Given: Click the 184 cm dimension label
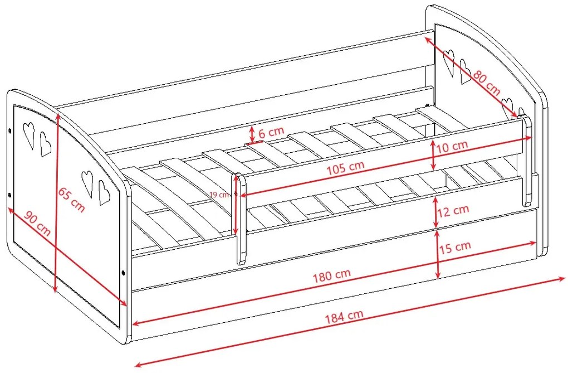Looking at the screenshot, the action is click(344, 316).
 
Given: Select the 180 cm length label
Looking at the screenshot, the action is click(332, 275).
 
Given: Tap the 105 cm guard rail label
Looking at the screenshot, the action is click(346, 168).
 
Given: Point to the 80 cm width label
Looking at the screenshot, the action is click(487, 84).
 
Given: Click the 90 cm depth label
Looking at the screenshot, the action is click(37, 223).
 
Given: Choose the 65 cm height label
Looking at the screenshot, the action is click(72, 200).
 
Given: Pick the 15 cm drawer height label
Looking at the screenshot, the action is click(455, 248).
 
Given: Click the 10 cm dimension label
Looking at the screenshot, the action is click(452, 147).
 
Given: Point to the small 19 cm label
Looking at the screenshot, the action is click(219, 195).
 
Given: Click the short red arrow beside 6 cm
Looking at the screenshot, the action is click(252, 134).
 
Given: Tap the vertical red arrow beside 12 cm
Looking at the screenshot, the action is click(436, 212).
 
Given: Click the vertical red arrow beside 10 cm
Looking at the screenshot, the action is click(433, 155).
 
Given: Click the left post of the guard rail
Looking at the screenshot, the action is click(239, 219).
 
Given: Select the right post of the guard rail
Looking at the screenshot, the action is click(527, 161).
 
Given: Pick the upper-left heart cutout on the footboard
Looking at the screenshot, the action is click(29, 134).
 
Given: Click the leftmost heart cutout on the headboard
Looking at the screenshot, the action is click(449, 62).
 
